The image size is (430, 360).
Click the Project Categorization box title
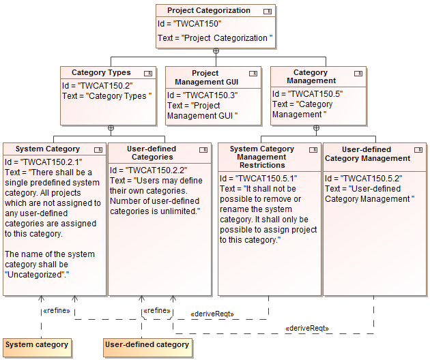(209, 10)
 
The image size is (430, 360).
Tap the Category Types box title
(101, 72)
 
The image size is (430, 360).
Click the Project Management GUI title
(205, 77)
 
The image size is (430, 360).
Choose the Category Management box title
(311, 76)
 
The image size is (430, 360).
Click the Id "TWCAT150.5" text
(307, 94)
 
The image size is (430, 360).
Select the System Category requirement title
(48, 149)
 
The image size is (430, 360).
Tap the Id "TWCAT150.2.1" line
(43, 162)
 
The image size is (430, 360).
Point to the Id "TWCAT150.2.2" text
(148, 170)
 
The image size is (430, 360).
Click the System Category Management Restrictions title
(262, 157)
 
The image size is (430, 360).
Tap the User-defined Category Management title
(367, 153)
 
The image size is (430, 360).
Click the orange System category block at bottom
(37, 345)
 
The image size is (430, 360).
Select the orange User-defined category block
(147, 345)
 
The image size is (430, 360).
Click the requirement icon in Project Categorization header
(267, 11)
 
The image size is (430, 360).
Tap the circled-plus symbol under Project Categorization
(216, 51)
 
